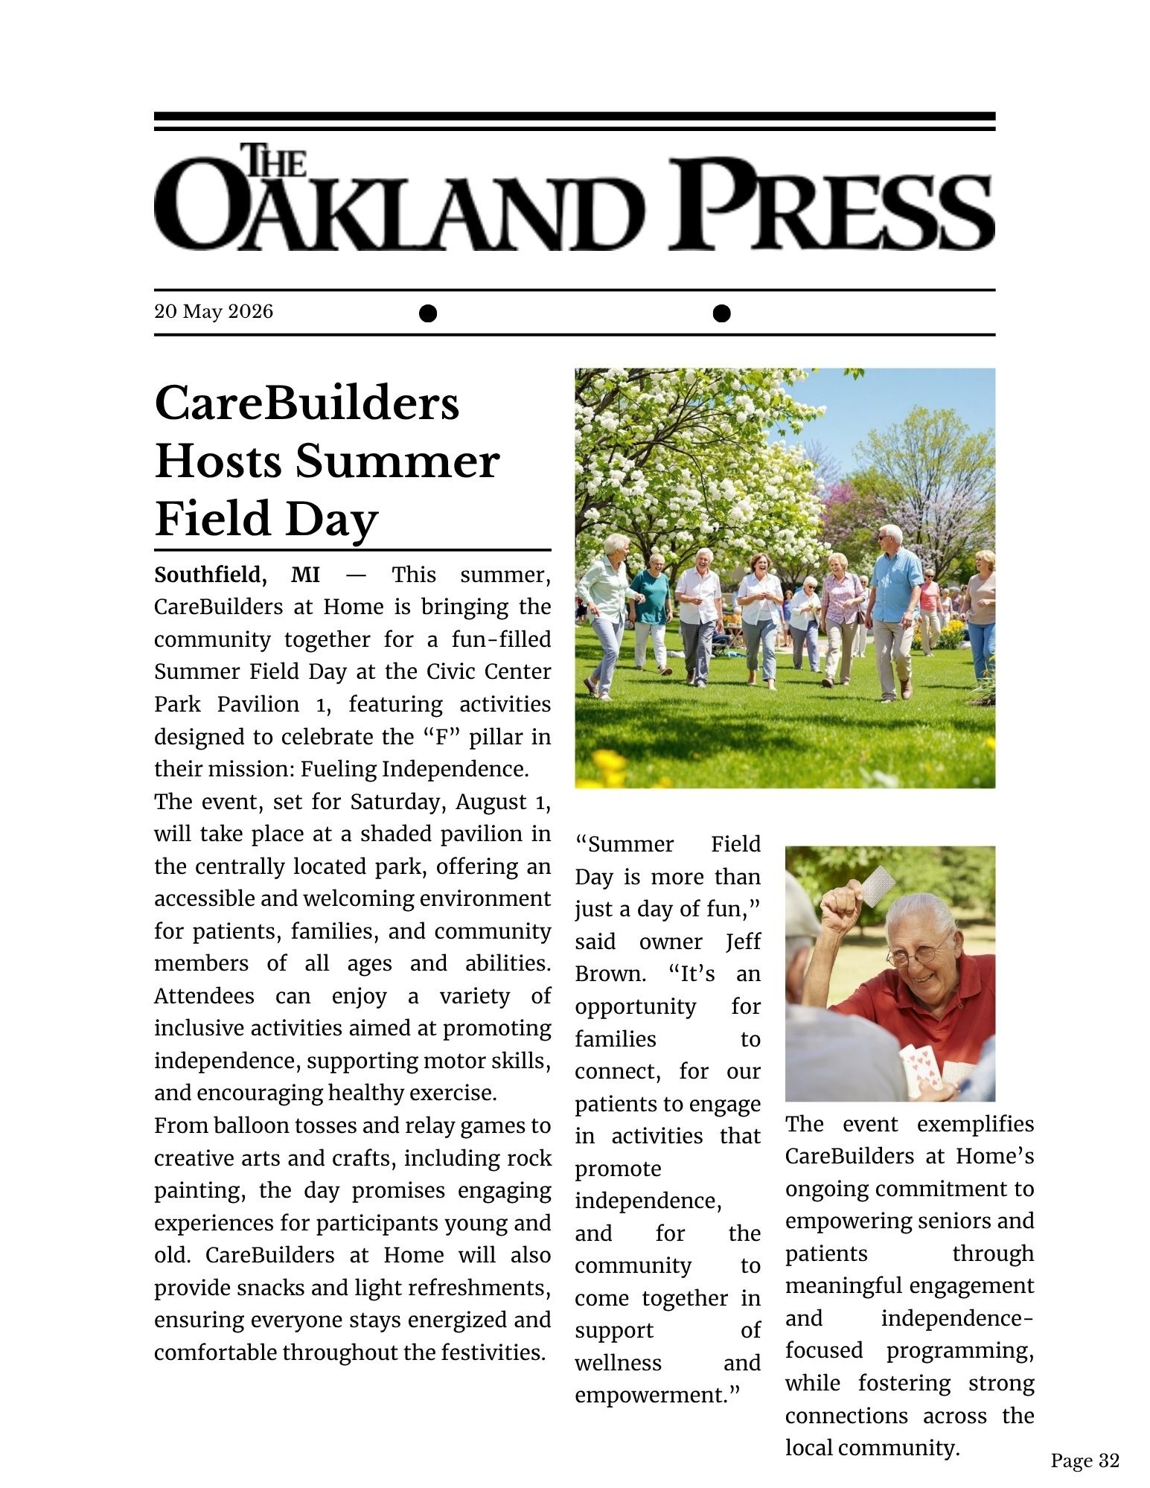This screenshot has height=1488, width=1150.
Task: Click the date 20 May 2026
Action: tap(214, 311)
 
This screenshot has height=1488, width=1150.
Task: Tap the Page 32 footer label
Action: tap(1084, 1460)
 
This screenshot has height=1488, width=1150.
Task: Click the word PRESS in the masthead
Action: tap(831, 204)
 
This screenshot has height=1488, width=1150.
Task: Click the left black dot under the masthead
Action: tap(427, 313)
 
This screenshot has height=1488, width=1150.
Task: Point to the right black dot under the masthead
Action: tap(721, 313)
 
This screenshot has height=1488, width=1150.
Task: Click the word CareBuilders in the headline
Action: tap(307, 403)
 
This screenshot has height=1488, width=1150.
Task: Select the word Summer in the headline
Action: tap(397, 462)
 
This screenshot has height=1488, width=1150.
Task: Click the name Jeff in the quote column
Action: tap(743, 942)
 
